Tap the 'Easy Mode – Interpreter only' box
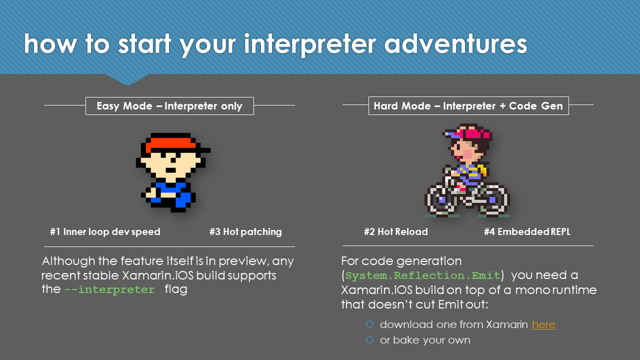tap(169, 106)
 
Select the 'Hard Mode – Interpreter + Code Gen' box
tap(468, 105)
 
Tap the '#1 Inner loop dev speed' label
tap(105, 231)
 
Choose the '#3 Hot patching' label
tap(245, 231)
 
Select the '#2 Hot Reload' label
tap(395, 231)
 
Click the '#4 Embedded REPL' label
tap(527, 231)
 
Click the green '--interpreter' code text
tap(109, 289)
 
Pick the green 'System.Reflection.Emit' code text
tap(423, 275)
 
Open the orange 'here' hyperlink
tap(543, 324)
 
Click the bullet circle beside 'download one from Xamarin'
tap(369, 324)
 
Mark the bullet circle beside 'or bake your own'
tap(369, 339)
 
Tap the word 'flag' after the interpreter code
tap(176, 289)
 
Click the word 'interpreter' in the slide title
tap(309, 44)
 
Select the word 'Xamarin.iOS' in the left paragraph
tap(157, 275)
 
